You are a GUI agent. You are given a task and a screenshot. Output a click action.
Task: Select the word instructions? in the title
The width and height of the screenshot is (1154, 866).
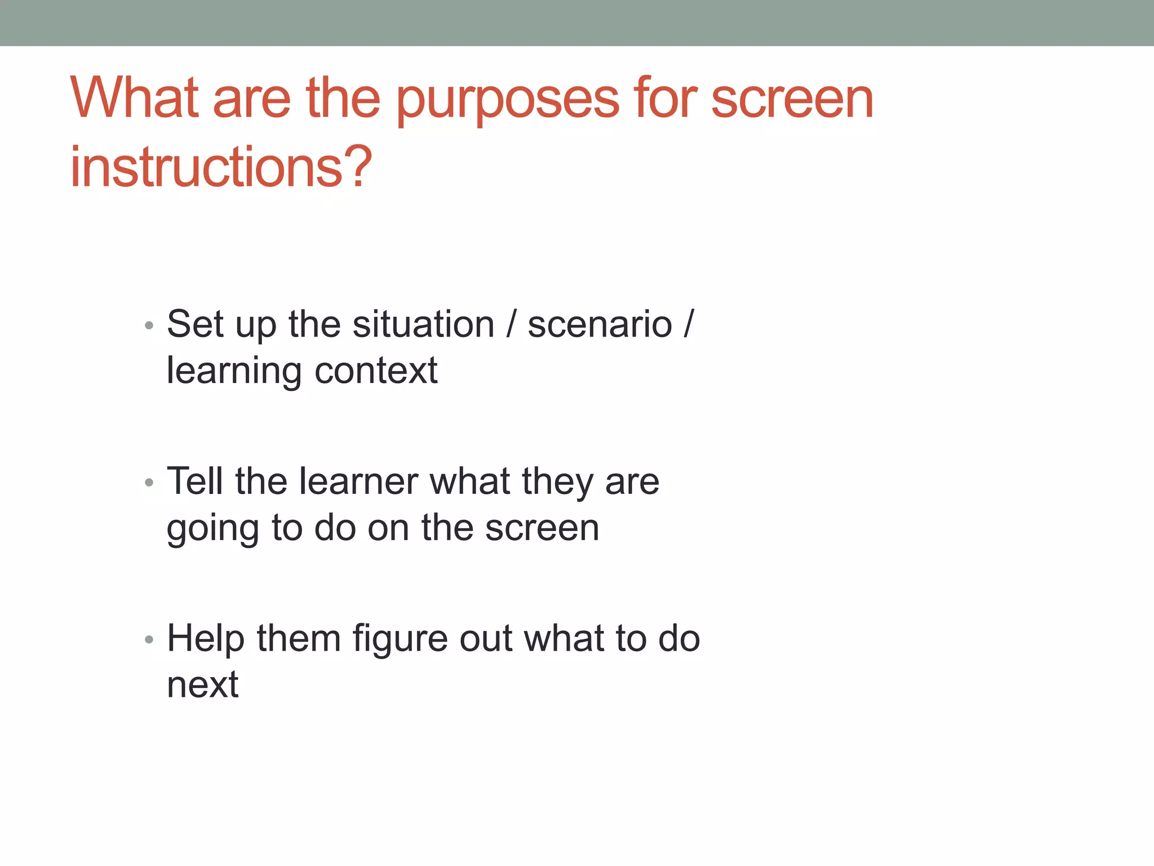[x=221, y=167]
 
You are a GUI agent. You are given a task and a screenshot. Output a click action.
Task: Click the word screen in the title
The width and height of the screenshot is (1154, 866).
[x=792, y=99]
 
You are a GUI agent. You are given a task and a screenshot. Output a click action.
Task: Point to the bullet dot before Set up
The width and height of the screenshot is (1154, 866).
[x=149, y=325]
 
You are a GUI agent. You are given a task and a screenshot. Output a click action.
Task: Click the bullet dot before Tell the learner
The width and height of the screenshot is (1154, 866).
[x=149, y=483]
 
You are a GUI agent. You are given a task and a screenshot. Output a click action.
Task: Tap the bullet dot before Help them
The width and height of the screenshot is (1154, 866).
[x=149, y=639]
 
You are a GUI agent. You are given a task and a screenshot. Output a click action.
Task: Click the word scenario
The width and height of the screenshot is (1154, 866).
[x=600, y=325]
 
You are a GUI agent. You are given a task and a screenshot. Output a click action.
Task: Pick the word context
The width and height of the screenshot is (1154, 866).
[x=376, y=371]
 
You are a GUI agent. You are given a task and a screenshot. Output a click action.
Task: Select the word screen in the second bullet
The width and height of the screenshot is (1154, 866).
[x=542, y=528]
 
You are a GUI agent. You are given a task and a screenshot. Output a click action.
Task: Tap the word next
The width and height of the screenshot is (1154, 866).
[x=203, y=685]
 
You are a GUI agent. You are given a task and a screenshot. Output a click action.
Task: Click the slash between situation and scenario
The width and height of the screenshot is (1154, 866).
[x=511, y=325]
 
